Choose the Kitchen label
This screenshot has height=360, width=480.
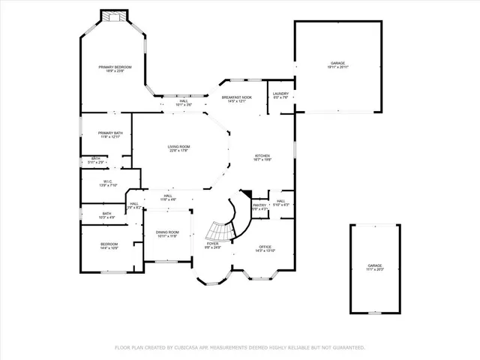click(262, 157)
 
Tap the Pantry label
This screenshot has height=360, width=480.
click(259, 205)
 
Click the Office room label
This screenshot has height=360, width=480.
click(265, 247)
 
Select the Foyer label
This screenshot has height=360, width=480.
click(213, 244)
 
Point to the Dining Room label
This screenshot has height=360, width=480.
click(167, 233)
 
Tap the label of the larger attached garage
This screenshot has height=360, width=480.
click(337, 64)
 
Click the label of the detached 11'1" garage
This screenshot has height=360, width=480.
click(374, 267)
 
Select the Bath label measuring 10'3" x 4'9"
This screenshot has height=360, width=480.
click(107, 215)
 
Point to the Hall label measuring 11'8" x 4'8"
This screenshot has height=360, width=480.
click(168, 198)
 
